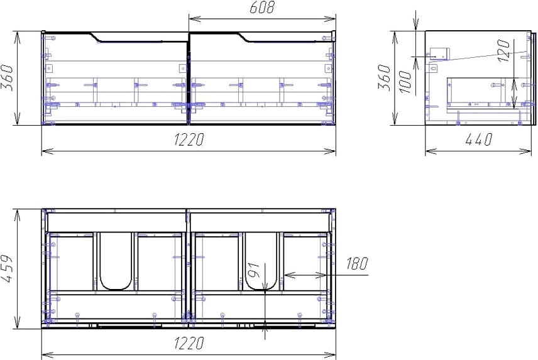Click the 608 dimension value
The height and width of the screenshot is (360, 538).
click(262, 8)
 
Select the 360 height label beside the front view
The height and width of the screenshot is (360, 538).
click(7, 78)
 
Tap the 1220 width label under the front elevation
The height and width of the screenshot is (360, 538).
click(189, 139)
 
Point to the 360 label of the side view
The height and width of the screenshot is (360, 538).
click(384, 77)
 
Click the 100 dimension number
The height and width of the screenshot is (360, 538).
click(405, 82)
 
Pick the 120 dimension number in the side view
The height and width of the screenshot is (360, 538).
click(503, 51)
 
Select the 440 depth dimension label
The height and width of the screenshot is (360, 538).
click(479, 139)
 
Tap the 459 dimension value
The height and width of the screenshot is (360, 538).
click(7, 269)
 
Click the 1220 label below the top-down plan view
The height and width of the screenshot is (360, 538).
click(189, 343)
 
